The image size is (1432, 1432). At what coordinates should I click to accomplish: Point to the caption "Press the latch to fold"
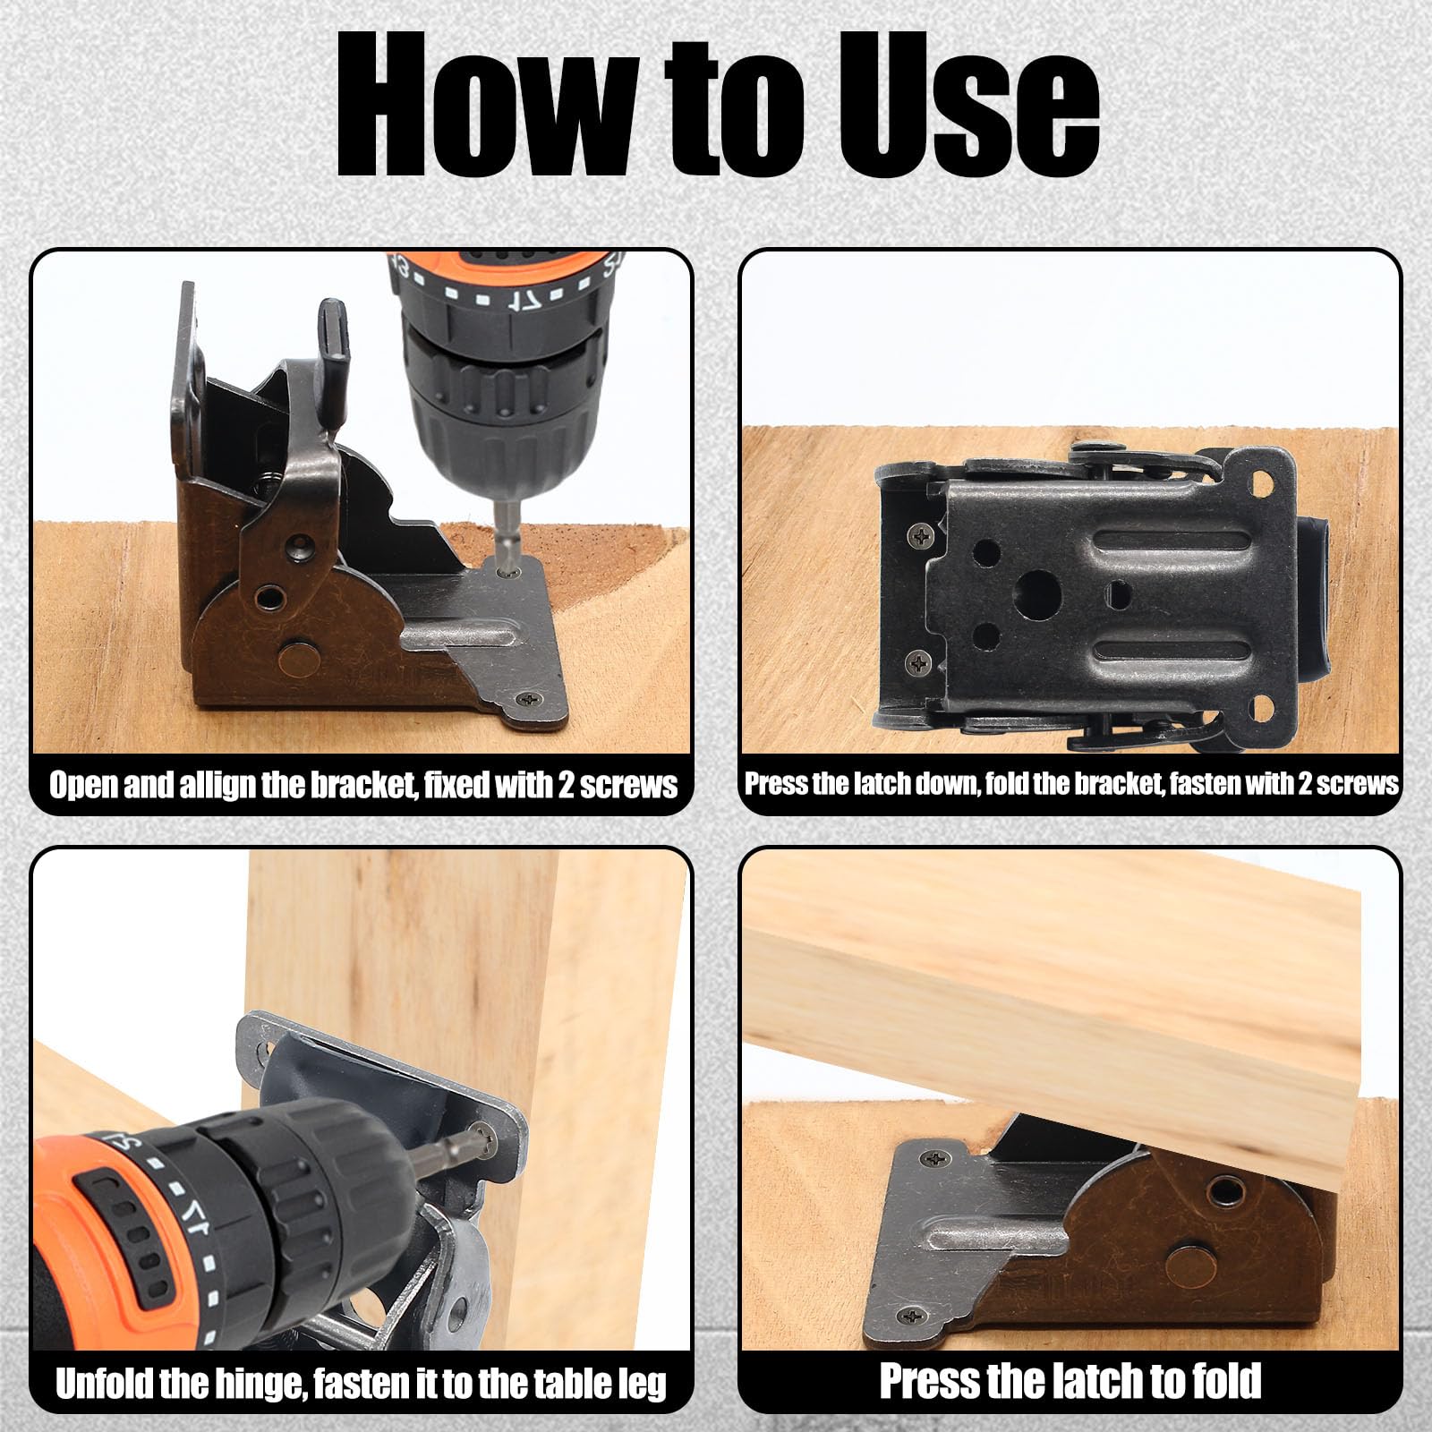[1070, 1380]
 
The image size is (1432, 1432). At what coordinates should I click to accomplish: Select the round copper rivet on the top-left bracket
[298, 659]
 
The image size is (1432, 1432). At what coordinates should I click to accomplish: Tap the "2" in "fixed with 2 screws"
[566, 786]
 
